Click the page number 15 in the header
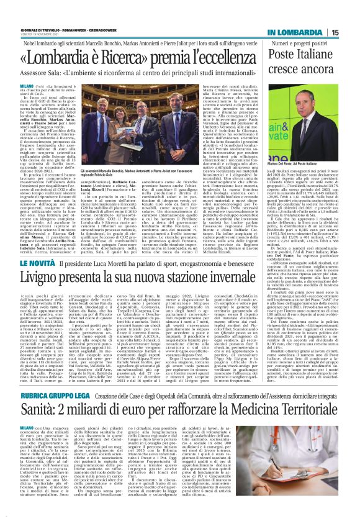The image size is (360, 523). (x=335, y=32)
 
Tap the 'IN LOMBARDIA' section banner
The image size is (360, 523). (x=296, y=32)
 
